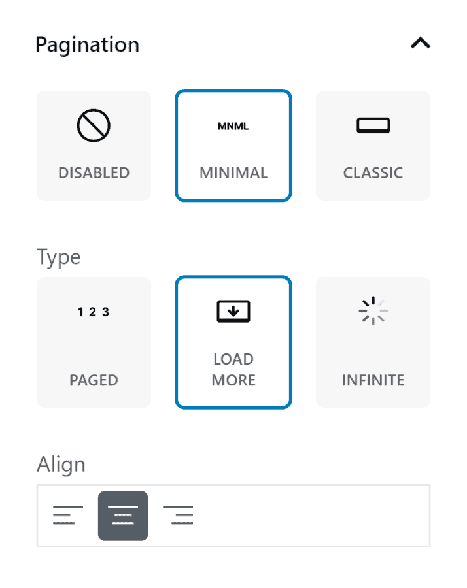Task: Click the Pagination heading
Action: [88, 45]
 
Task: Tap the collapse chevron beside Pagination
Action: [421, 42]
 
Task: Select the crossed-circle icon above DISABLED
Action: [94, 125]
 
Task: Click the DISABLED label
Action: [94, 173]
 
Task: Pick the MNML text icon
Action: [233, 126]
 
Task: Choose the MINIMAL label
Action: [233, 173]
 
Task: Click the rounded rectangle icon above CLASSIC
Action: [373, 125]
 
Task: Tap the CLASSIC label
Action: [373, 173]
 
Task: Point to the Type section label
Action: [59, 258]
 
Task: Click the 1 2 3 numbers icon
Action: [94, 312]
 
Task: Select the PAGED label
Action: [94, 380]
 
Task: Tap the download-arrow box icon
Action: [233, 311]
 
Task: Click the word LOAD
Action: [233, 359]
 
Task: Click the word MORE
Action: [233, 380]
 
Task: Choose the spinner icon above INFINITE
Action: [373, 311]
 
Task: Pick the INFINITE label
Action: [373, 380]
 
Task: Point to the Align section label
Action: [61, 465]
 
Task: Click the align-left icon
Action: [68, 515]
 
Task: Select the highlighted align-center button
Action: [123, 515]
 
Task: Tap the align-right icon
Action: [178, 515]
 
